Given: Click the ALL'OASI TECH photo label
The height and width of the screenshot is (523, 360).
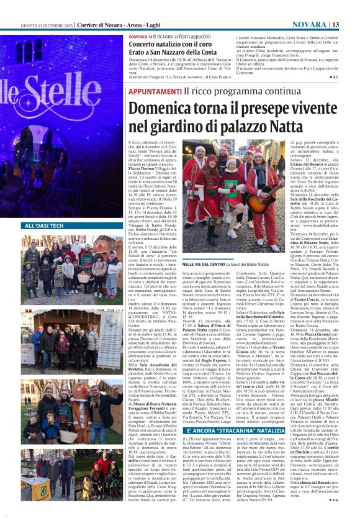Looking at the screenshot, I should point(45,226).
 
